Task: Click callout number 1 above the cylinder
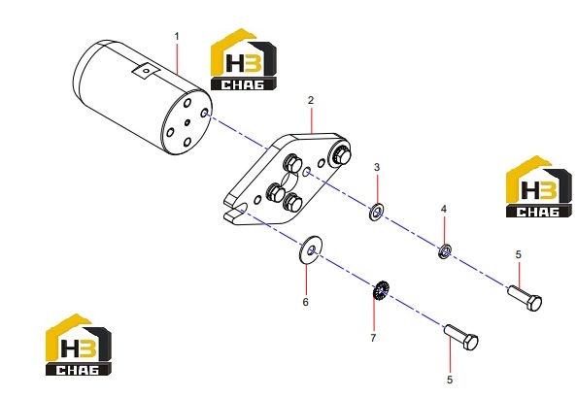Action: point(177,36)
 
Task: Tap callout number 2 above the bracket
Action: point(311,100)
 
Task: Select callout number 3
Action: point(377,167)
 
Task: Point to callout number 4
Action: point(444,209)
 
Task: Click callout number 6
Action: point(305,302)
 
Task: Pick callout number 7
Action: point(373,338)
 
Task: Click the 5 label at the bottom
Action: point(450,380)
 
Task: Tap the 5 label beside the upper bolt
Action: point(519,254)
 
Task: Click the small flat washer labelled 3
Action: point(376,213)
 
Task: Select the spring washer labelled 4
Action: point(445,251)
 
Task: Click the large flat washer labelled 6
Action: point(311,249)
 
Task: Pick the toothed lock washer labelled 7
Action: point(380,290)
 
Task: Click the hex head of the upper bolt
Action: point(534,303)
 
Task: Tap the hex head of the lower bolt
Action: point(471,343)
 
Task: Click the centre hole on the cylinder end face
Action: point(187,122)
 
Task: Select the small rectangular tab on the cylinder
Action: point(146,71)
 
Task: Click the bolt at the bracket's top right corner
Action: point(339,153)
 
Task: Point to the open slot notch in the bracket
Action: point(233,210)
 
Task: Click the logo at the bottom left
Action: point(79,345)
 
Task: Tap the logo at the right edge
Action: point(539,186)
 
